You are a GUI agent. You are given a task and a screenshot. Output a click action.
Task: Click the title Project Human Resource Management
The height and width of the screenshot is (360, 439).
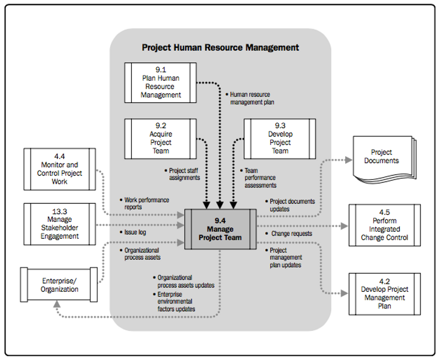tap(220, 47)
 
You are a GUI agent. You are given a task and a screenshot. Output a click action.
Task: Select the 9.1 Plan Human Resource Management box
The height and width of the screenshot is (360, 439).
tap(161, 82)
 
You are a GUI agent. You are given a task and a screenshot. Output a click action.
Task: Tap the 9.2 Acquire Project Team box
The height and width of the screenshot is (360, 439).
tap(161, 138)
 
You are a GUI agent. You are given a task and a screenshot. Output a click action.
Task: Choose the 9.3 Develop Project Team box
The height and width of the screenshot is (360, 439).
tap(280, 138)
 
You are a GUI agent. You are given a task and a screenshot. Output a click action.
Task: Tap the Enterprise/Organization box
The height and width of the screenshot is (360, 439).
tap(59, 285)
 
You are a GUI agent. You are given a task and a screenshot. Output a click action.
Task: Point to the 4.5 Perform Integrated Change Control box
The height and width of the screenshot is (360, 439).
tap(385, 225)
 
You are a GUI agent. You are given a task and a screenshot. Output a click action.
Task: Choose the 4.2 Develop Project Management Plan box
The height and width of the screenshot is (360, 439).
tap(385, 294)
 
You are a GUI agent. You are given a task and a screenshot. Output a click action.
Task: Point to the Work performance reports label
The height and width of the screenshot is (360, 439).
tap(146, 203)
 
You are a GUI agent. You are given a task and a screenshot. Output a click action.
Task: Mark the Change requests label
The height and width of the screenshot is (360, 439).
tap(291, 234)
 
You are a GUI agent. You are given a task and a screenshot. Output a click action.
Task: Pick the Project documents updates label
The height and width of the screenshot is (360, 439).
tap(292, 205)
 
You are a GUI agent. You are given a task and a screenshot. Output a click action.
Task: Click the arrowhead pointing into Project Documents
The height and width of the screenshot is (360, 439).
tap(349, 159)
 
